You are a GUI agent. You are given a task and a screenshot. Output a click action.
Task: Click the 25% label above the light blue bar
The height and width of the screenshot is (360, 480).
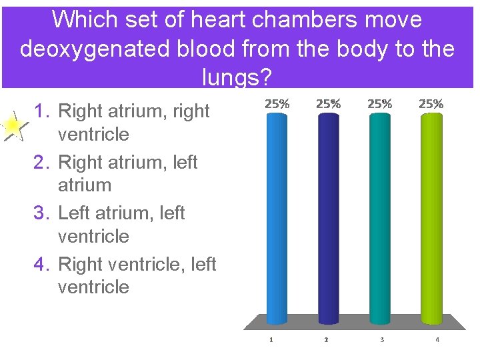pos(277,104)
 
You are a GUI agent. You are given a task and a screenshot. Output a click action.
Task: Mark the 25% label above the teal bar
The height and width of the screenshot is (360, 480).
pos(380,104)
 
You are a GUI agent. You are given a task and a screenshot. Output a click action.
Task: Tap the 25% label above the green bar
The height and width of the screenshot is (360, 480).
pos(431,104)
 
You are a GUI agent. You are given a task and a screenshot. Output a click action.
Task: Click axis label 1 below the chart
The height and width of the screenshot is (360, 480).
pos(271,340)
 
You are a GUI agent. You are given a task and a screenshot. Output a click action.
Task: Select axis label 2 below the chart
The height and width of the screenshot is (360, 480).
pos(326,340)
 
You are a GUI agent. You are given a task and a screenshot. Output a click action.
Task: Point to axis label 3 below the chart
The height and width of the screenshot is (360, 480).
pos(382,340)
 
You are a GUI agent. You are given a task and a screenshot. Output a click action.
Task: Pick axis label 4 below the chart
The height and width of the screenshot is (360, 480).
pos(437,340)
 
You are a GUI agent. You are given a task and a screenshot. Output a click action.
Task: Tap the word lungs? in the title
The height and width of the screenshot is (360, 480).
pos(237,79)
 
